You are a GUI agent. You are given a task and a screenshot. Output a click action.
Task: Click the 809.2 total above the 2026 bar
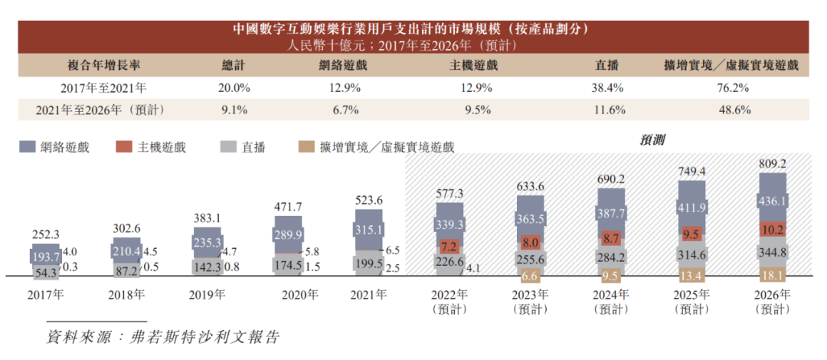tap(772, 164)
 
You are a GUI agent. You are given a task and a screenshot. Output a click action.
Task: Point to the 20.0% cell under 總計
tap(234, 88)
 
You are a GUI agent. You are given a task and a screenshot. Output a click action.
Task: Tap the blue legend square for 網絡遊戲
tap(28, 146)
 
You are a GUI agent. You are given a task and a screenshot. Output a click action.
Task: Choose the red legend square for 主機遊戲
tap(124, 146)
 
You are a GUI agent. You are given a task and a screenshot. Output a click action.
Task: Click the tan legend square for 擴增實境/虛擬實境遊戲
tap(305, 146)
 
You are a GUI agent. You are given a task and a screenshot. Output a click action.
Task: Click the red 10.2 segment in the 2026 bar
tap(772, 229)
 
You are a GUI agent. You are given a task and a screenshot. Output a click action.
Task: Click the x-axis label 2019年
tap(208, 294)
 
